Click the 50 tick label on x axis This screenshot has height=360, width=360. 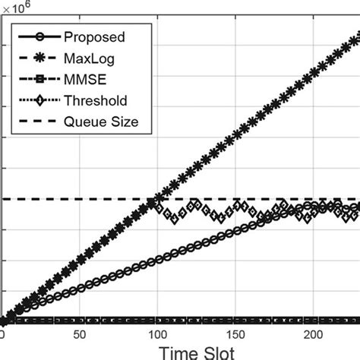point(79,334)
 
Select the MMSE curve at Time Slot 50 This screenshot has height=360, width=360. point(79,320)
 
